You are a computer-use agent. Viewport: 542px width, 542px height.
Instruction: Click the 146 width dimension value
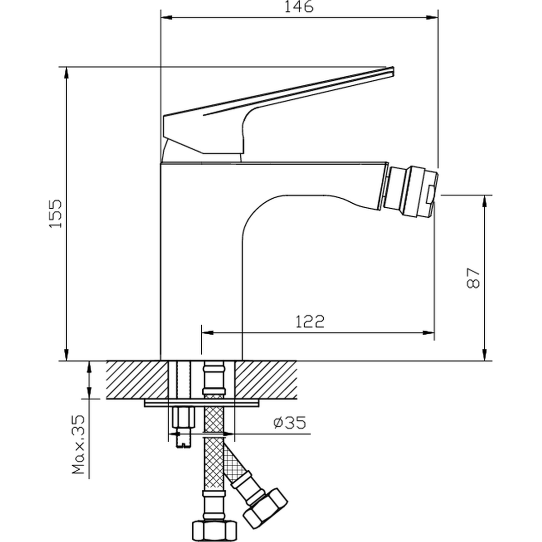point(299,7)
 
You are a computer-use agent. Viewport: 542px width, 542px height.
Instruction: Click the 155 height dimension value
point(55,213)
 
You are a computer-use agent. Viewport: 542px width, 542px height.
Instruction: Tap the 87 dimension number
point(473,278)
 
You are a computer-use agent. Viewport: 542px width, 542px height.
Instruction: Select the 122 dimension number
point(310,322)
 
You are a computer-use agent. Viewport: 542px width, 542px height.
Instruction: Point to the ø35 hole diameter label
point(290,423)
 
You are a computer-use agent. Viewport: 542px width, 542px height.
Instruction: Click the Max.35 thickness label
point(78,445)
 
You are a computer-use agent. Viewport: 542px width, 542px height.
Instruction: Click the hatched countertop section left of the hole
point(137,379)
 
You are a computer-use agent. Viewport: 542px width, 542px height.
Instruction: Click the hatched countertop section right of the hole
point(265,379)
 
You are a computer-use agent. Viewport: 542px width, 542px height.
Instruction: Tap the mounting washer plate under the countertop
point(202,403)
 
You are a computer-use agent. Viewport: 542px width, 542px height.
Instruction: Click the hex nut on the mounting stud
point(183,417)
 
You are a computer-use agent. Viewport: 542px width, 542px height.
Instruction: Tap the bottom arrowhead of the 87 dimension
point(485,354)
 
